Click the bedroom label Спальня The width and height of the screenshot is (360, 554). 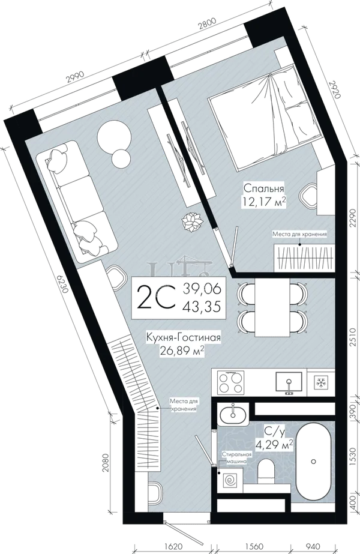click(264, 188)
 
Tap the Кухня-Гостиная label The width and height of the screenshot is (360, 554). click(184, 337)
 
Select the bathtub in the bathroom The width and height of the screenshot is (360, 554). click(313, 462)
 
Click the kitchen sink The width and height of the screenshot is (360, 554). click(289, 382)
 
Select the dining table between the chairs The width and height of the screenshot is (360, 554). click(272, 307)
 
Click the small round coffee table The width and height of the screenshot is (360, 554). click(120, 158)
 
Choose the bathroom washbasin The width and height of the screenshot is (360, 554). click(233, 414)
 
